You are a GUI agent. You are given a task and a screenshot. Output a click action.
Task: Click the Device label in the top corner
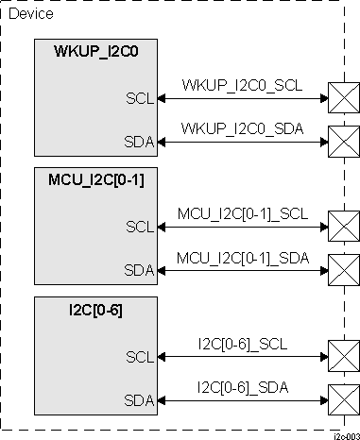click(x=30, y=14)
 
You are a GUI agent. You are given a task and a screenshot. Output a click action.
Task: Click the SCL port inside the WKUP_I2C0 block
click(x=138, y=97)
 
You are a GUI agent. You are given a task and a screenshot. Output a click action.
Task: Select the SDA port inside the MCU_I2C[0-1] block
click(x=138, y=270)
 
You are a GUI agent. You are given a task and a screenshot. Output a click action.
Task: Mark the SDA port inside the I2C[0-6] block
click(x=138, y=399)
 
